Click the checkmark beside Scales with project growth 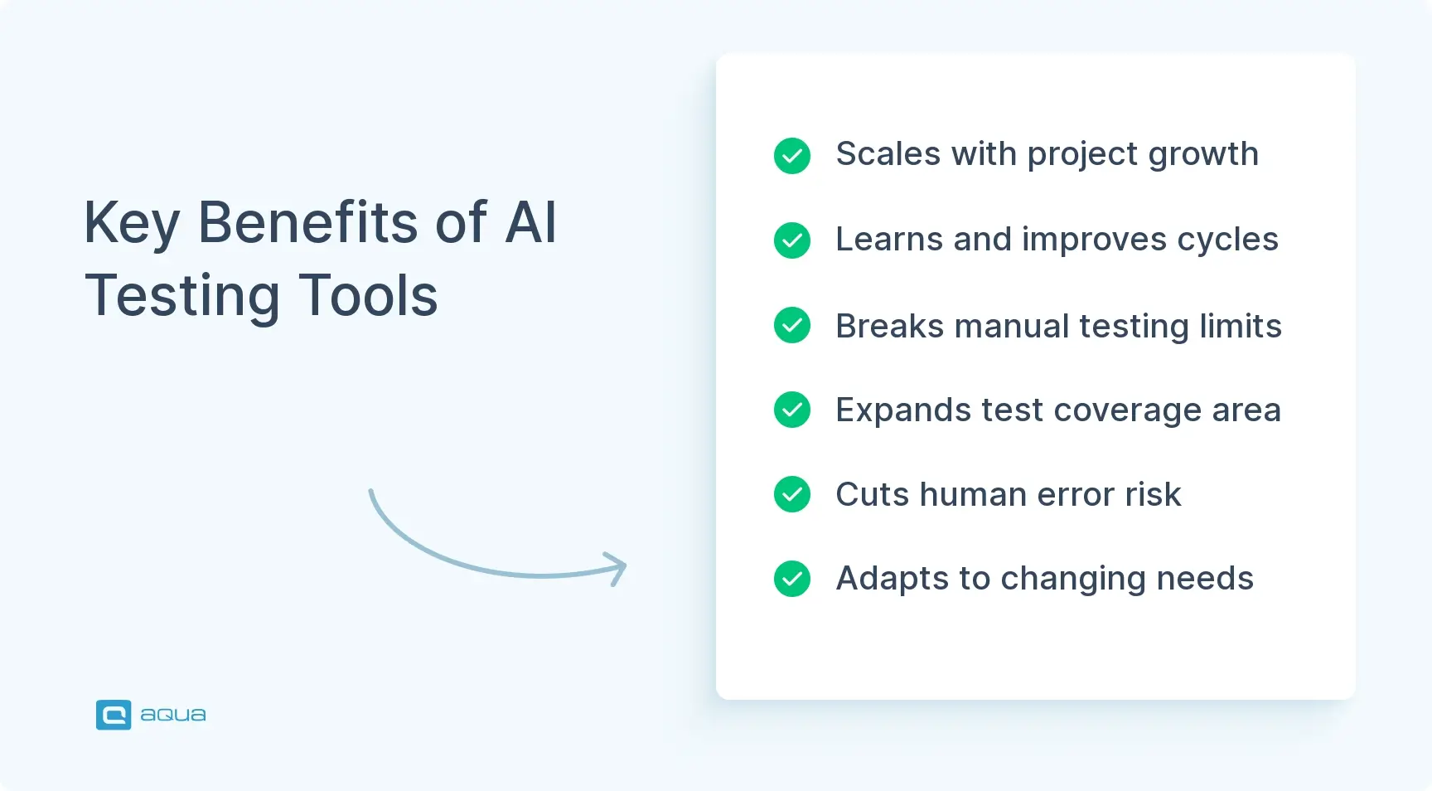click(792, 156)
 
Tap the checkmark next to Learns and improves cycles click(792, 240)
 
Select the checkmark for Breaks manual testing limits click(792, 325)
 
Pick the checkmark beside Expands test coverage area click(792, 410)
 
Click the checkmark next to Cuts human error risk click(792, 494)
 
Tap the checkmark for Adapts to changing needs click(792, 579)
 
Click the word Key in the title click(132, 224)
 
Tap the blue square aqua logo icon click(114, 715)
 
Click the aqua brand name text click(173, 715)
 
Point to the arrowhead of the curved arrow click(617, 568)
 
